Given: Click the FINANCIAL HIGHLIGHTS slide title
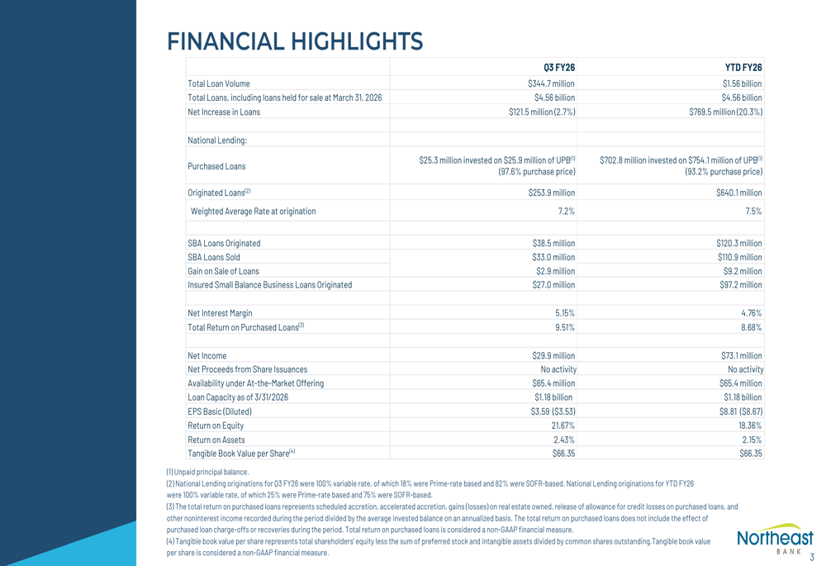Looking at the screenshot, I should click(x=294, y=40).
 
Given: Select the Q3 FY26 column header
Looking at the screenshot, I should click(x=558, y=68).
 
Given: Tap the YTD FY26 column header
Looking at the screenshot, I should click(x=743, y=68).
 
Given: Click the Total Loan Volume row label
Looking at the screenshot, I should click(x=219, y=83).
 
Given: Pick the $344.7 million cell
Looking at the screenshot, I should click(x=551, y=83).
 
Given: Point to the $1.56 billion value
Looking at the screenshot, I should click(x=742, y=83).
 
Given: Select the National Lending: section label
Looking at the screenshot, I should click(x=217, y=140).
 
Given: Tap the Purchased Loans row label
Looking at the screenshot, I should click(x=216, y=166).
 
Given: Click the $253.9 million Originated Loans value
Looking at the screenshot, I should click(x=551, y=193).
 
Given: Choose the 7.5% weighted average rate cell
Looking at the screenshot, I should click(x=752, y=212).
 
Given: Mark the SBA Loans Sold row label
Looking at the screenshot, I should click(x=214, y=257).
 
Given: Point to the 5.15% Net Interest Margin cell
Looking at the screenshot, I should click(x=565, y=313).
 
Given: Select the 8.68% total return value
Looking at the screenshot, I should click(x=750, y=327).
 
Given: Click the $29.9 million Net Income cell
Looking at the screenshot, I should click(x=553, y=355).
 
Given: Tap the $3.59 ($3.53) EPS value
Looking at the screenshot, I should click(x=553, y=411).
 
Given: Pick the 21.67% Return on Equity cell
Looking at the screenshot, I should click(x=563, y=426).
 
